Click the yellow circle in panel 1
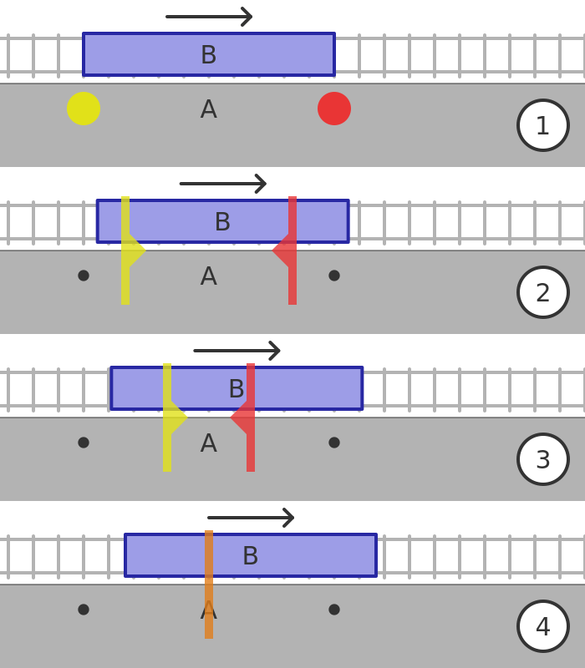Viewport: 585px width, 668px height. [84, 109]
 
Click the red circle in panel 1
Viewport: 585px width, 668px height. [334, 109]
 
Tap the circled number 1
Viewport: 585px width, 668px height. [543, 125]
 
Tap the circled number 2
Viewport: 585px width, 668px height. [543, 292]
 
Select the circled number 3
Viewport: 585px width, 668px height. [543, 459]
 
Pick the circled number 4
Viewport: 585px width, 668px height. [543, 626]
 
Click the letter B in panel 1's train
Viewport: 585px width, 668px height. [208, 55]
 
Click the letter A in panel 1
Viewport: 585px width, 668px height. [208, 109]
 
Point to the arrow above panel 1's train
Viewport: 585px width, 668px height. [209, 17]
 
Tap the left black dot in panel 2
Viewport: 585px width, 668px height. [84, 276]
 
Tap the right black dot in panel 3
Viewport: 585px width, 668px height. [334, 443]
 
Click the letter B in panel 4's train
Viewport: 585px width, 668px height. [250, 556]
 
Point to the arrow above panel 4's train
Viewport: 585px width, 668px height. [251, 518]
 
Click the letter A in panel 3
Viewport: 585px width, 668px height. [208, 443]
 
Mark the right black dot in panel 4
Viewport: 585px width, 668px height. [334, 610]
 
